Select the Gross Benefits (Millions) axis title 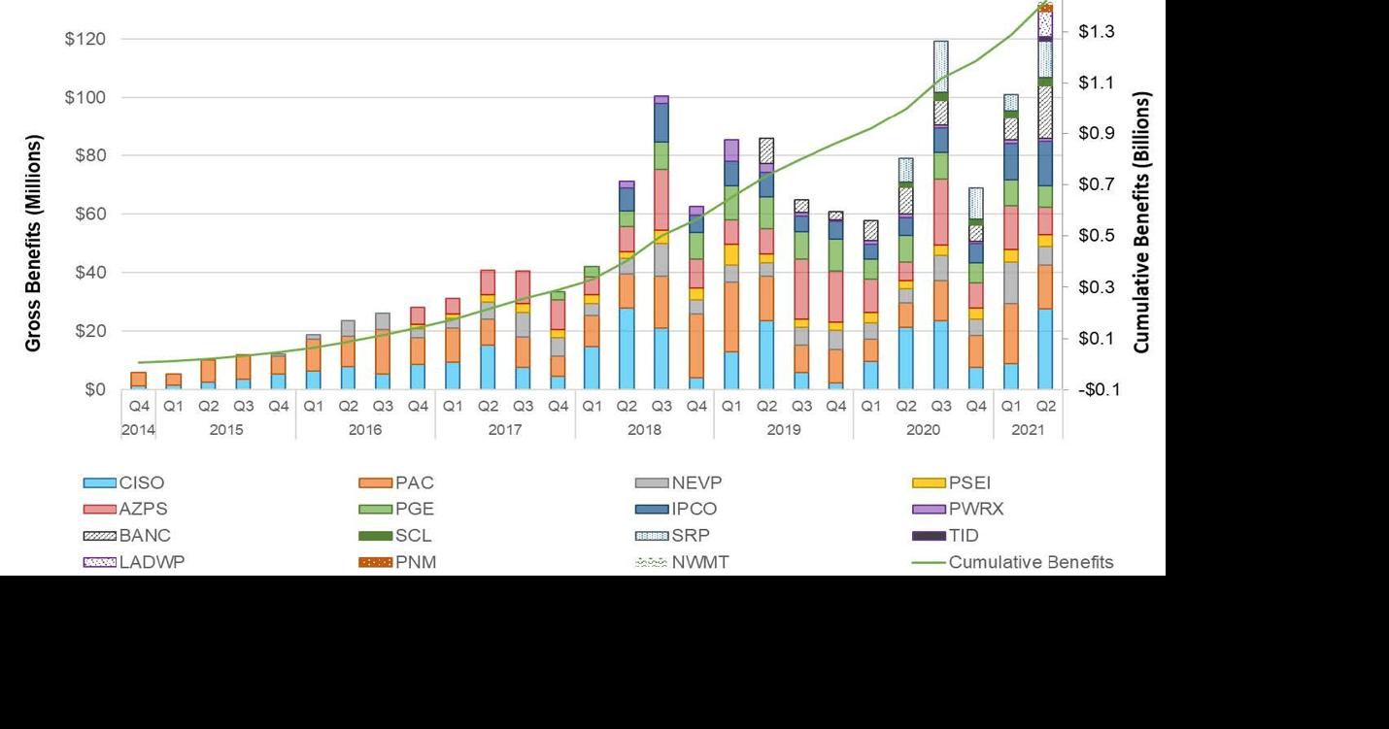coord(34,243)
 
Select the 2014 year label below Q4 coord(138,428)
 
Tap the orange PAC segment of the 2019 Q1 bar coord(731,316)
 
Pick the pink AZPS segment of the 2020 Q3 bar coord(940,212)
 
